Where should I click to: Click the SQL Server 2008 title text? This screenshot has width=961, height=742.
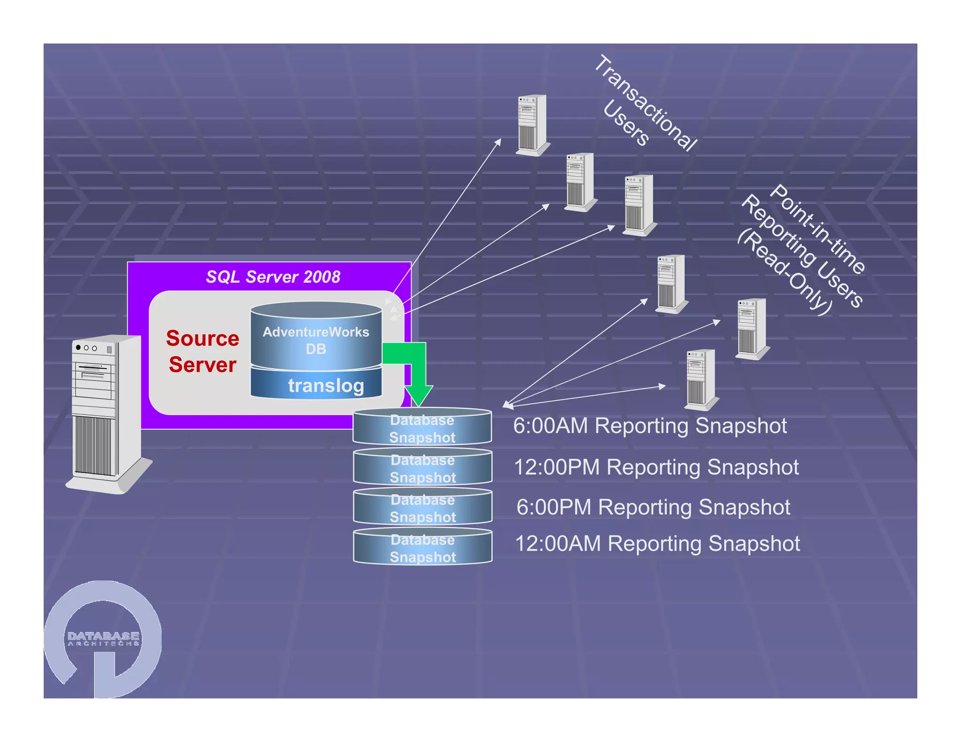pyautogui.click(x=273, y=277)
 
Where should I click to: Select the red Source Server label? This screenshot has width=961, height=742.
pyautogui.click(x=202, y=351)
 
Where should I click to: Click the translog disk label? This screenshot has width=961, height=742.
pyautogui.click(x=326, y=386)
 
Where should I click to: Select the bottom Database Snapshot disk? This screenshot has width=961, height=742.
pyautogui.click(x=422, y=548)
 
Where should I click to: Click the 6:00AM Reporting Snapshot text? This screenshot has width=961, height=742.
pyautogui.click(x=649, y=426)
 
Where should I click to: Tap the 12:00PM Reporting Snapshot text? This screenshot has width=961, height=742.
pyautogui.click(x=656, y=467)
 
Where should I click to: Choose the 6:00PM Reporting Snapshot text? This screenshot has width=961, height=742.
pyautogui.click(x=653, y=507)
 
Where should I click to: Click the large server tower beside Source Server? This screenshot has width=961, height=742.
pyautogui.click(x=106, y=413)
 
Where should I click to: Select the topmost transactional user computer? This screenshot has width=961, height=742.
pyautogui.click(x=532, y=124)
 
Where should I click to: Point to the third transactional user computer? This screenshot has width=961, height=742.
pyautogui.click(x=639, y=204)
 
